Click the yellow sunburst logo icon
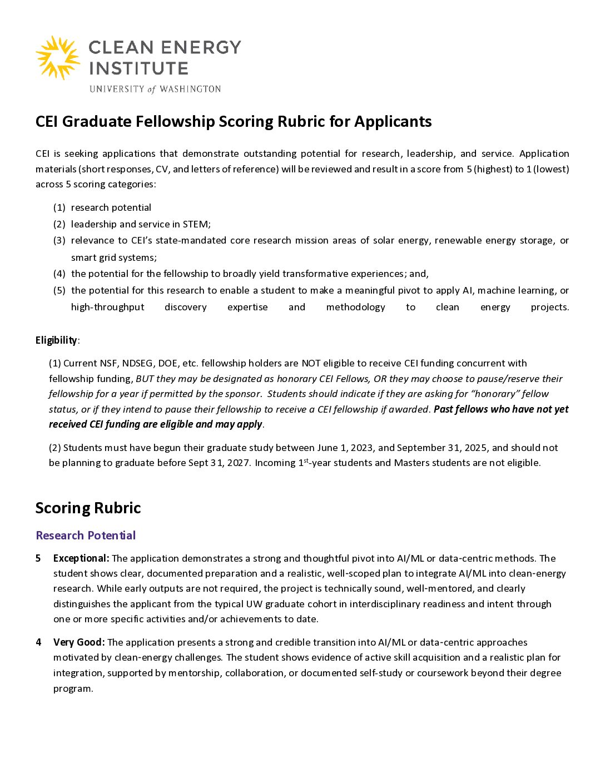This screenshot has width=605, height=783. [x=58, y=58]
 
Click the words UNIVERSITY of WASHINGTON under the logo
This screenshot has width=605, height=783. [x=155, y=89]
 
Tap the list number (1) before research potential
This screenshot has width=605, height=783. [x=59, y=207]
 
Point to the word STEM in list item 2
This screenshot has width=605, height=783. [x=196, y=224]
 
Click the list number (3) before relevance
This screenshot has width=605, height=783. [x=59, y=240]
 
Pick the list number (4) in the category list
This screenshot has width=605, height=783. [x=59, y=274]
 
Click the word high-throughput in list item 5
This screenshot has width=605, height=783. [x=107, y=307]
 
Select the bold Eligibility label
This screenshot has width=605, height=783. [x=56, y=340]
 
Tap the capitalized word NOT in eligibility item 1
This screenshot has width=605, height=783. [x=311, y=363]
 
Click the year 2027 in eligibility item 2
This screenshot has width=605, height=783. [x=238, y=463]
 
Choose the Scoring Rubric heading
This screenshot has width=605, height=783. [x=88, y=508]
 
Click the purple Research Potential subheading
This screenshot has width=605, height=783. [x=86, y=536]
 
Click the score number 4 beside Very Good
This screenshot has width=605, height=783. [x=38, y=642]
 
